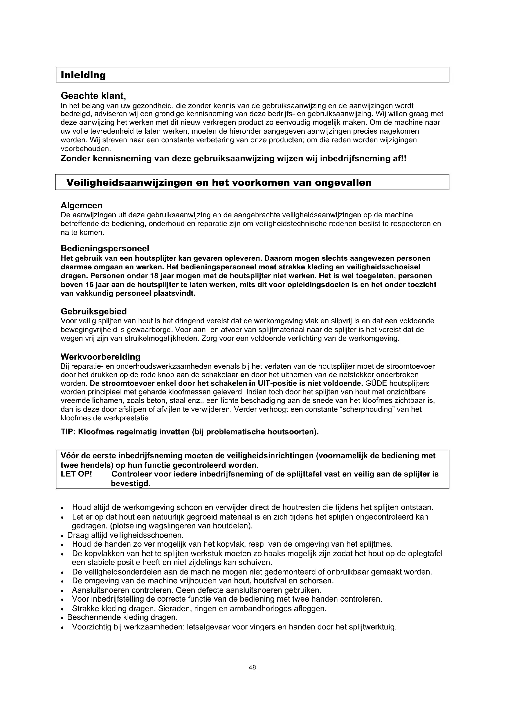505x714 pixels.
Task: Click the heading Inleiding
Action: (83, 75)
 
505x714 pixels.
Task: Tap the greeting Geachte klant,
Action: (93, 96)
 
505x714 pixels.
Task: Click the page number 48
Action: (252, 667)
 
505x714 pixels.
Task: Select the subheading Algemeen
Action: (82, 205)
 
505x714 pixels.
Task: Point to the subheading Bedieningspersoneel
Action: (105, 248)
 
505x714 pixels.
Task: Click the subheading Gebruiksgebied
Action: (94, 311)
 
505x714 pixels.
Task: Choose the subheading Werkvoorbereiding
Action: (100, 357)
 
